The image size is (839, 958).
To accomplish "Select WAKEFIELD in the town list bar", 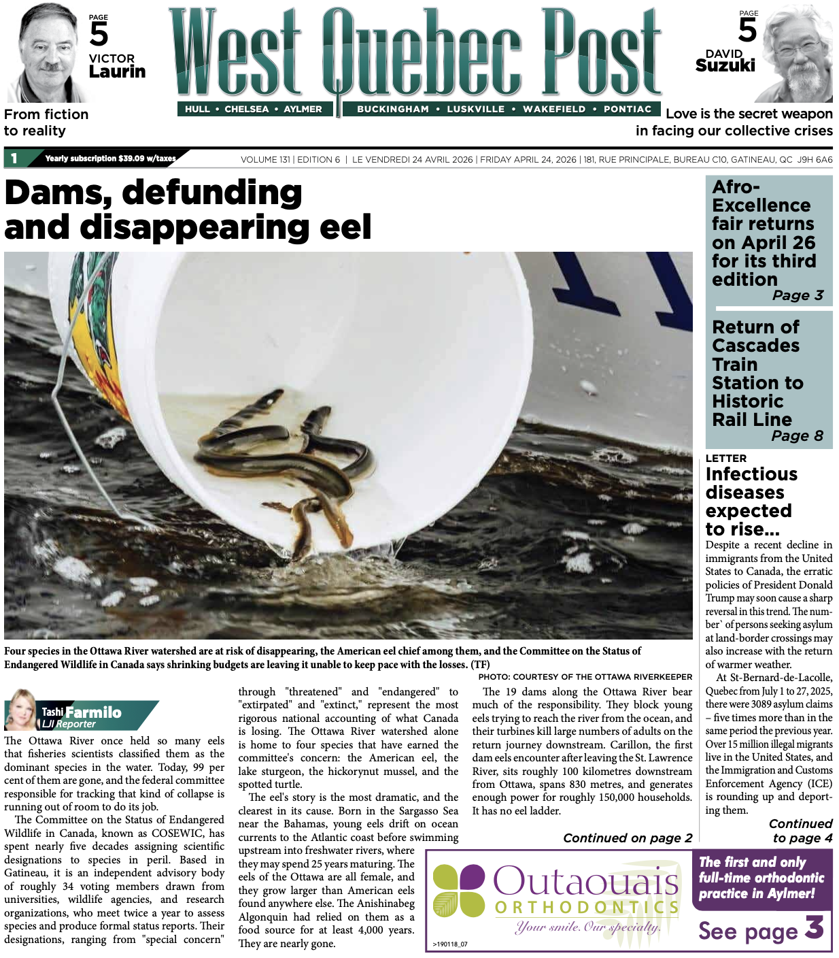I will tap(553, 109).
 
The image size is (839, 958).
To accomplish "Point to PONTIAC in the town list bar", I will tap(627, 109).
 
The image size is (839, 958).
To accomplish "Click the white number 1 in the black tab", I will tap(14, 159).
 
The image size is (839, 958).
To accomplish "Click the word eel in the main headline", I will tap(346, 227).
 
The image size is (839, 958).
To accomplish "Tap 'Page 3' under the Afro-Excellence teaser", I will tap(798, 295).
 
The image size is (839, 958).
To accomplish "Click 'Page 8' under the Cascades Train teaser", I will tap(797, 435).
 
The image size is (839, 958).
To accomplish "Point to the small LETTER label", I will tap(725, 459).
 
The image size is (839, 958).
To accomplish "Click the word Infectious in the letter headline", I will tap(751, 474).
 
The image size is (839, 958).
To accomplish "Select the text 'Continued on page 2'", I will tap(627, 838).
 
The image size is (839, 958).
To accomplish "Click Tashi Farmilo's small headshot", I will tap(21, 710).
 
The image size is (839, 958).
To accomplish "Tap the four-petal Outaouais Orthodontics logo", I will tap(458, 891).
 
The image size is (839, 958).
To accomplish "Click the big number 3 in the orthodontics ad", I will tap(815, 928).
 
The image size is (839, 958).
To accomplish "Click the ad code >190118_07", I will tap(449, 944).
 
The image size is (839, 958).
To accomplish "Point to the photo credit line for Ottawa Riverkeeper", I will tap(585, 677).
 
